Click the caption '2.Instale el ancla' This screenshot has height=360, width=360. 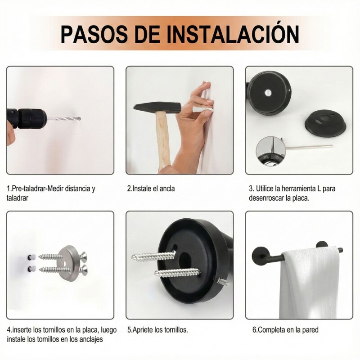[x=151, y=189]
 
